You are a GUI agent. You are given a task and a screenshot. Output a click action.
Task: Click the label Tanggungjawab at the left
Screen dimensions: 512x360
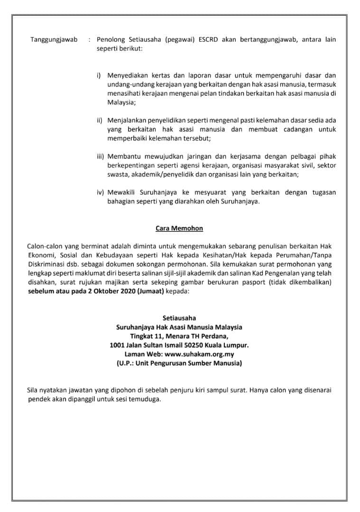54,39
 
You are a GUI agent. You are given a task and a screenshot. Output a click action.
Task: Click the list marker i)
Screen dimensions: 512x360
99,75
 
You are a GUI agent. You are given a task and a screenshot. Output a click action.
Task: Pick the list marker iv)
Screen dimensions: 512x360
100,192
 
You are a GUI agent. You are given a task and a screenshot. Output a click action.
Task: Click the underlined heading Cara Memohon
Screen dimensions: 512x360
179,229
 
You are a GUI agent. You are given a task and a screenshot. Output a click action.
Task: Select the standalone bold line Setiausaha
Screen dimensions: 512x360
179,318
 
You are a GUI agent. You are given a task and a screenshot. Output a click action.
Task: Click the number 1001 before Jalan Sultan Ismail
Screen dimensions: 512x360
117,345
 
